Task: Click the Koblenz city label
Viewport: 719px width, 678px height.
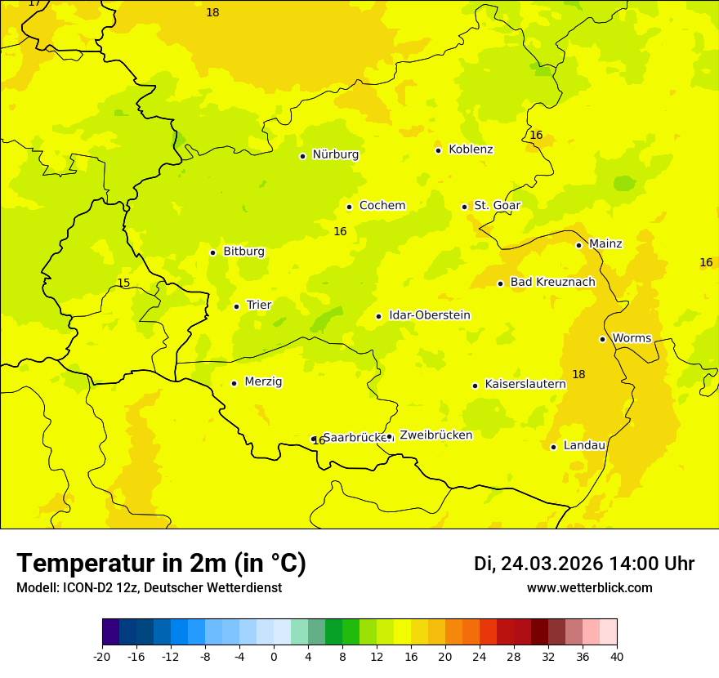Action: pos(471,149)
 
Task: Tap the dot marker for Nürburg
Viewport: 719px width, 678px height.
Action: pos(302,156)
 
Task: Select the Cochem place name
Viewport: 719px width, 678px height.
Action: pos(382,206)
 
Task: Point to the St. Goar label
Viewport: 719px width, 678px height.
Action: pos(497,206)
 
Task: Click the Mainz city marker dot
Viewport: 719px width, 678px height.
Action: pos(578,245)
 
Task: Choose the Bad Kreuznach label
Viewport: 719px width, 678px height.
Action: pos(552,283)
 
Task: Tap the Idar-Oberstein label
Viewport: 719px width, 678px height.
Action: pos(430,315)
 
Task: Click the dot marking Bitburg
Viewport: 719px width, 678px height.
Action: pos(212,252)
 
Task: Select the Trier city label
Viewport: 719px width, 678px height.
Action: pos(259,306)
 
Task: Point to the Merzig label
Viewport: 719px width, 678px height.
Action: pos(263,382)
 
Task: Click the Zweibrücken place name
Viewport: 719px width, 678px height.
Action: pos(435,435)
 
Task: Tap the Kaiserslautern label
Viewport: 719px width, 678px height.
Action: pos(525,384)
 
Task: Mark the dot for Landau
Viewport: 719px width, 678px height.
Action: pos(553,447)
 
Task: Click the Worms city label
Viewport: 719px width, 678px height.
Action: pos(632,338)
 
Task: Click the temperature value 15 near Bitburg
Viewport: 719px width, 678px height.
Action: pos(123,283)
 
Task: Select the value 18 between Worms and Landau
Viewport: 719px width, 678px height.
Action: pos(578,375)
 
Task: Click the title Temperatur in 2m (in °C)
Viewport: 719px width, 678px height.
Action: pos(161,564)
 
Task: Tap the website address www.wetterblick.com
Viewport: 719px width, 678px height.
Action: pos(589,588)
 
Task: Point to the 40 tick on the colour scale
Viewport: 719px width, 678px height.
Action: pos(617,657)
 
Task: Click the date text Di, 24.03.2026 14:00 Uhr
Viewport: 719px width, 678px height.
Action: pos(583,564)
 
